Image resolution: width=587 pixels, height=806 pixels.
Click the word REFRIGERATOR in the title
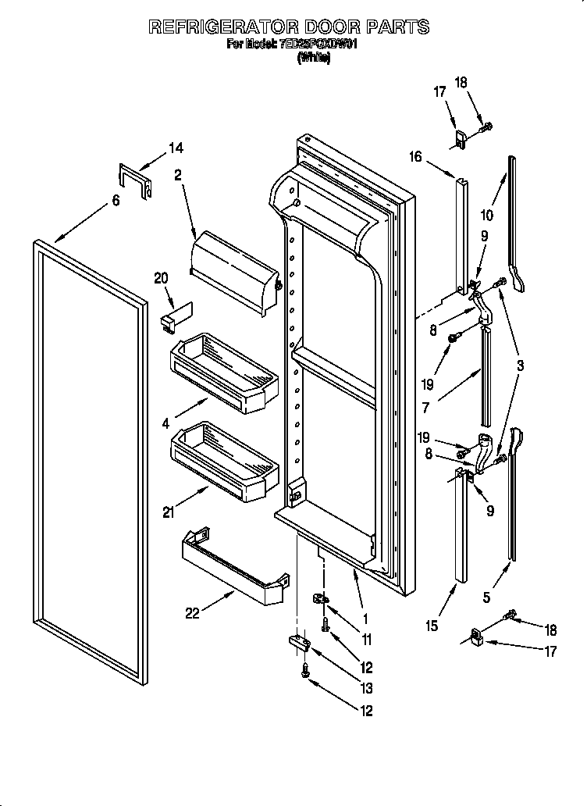[x=220, y=27]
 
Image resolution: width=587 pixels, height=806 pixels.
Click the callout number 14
[x=176, y=148]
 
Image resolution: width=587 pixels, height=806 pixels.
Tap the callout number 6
[x=116, y=201]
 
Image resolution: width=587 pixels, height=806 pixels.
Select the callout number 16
[x=414, y=157]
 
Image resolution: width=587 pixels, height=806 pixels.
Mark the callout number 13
[x=366, y=689]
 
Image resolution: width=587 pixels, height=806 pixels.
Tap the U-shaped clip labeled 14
[x=133, y=179]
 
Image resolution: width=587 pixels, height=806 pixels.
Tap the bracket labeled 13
[x=298, y=642]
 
